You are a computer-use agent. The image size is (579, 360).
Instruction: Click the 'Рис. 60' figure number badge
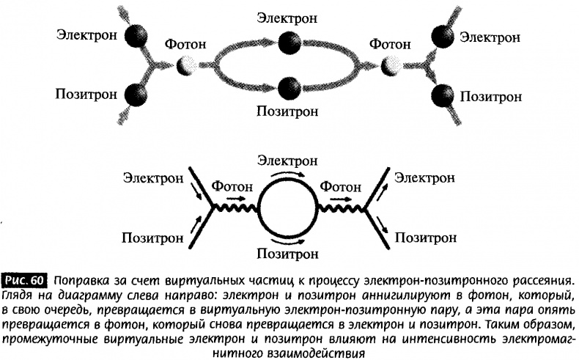pos(26,281)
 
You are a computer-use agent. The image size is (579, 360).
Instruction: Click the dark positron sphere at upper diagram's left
pos(136,94)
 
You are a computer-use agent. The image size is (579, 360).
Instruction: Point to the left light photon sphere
pos(182,67)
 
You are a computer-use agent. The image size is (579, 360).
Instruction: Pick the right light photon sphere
pos(388,67)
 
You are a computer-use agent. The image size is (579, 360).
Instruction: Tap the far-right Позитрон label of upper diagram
pos(490,95)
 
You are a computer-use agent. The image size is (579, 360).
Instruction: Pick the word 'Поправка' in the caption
pos(78,281)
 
